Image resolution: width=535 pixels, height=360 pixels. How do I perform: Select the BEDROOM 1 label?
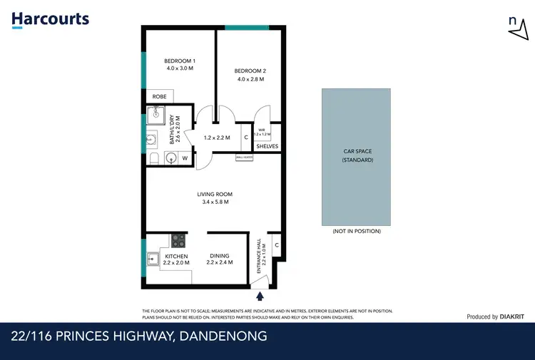[179, 61]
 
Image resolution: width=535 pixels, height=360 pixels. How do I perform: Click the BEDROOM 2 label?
[250, 71]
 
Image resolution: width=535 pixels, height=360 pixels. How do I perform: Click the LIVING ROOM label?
[215, 194]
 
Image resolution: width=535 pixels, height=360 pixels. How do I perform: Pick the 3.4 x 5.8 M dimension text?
[215, 202]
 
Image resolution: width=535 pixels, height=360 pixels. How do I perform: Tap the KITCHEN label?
[176, 256]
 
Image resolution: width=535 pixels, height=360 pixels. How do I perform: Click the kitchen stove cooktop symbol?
[178, 241]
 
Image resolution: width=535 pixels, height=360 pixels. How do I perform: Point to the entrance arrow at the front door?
[260, 294]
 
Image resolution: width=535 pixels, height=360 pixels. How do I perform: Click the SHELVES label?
[267, 147]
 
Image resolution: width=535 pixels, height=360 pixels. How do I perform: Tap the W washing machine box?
[185, 158]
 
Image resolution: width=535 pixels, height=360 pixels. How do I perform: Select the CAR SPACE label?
[357, 152]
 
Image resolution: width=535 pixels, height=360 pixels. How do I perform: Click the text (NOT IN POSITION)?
[357, 231]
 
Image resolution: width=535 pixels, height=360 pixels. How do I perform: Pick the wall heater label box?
[245, 158]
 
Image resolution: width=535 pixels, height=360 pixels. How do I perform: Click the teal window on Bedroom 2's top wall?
[247, 27]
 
